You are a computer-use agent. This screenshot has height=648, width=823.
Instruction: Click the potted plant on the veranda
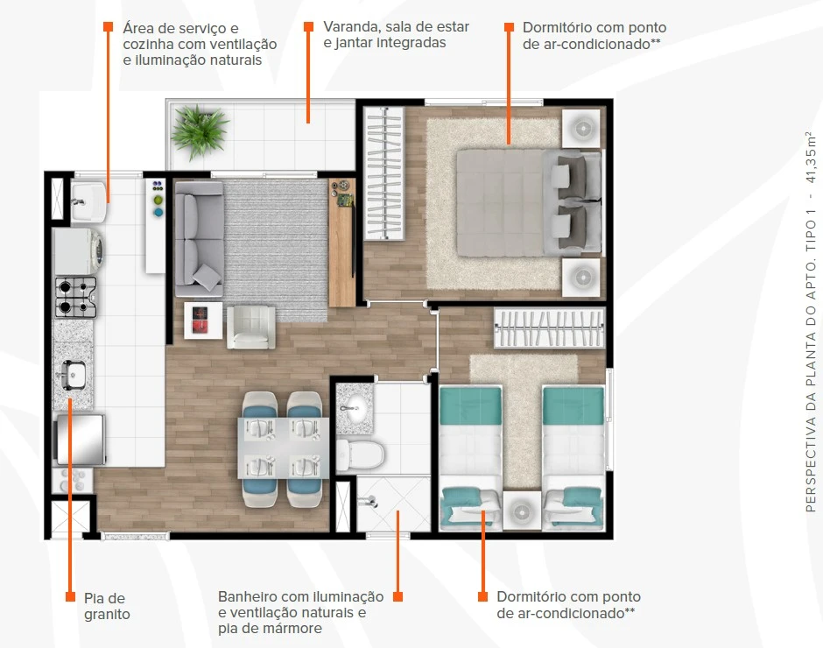200,130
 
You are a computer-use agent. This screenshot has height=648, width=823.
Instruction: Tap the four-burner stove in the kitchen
76,297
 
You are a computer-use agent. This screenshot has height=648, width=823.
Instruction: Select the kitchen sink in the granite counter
73,375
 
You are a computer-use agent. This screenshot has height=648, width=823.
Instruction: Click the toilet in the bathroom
360,454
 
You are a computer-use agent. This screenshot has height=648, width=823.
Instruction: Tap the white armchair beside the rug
251,328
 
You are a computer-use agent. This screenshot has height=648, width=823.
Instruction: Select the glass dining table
284,448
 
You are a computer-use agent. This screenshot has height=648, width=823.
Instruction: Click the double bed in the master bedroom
529,203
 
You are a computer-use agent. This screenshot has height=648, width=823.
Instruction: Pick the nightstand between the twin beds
522,511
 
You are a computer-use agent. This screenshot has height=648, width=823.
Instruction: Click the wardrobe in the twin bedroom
549,328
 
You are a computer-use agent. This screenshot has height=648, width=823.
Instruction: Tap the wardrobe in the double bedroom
384,173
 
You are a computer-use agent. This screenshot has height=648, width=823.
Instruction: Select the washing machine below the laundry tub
79,251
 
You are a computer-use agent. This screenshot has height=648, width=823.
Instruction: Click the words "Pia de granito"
107,606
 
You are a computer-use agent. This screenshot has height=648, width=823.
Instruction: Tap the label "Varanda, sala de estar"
397,27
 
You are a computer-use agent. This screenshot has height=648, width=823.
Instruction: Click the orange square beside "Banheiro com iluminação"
397,596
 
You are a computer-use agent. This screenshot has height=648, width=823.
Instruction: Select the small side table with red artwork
203,320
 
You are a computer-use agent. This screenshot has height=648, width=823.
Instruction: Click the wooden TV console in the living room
342,243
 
